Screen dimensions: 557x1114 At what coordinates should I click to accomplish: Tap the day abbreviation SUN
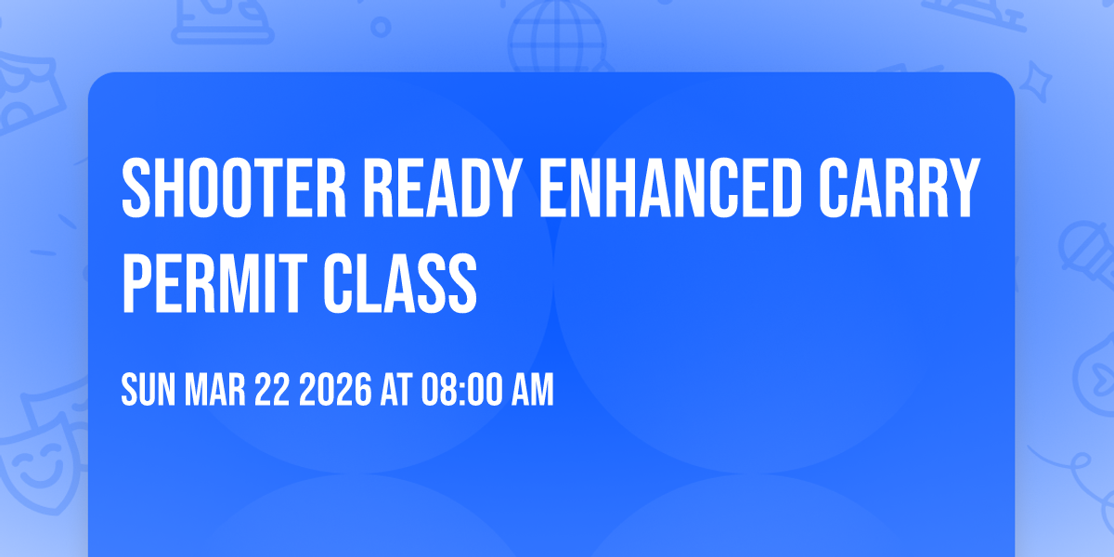click(x=148, y=392)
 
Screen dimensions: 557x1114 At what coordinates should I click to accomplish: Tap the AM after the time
click(x=531, y=392)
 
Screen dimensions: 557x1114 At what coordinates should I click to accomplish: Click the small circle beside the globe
click(x=382, y=28)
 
